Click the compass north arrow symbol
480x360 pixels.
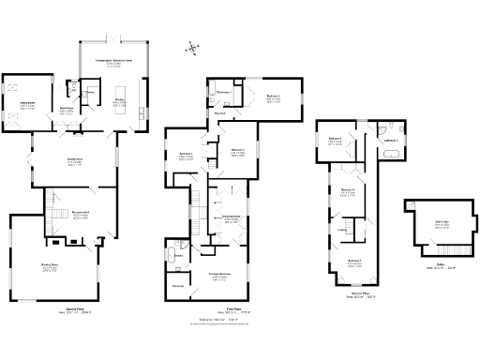click(192, 48)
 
